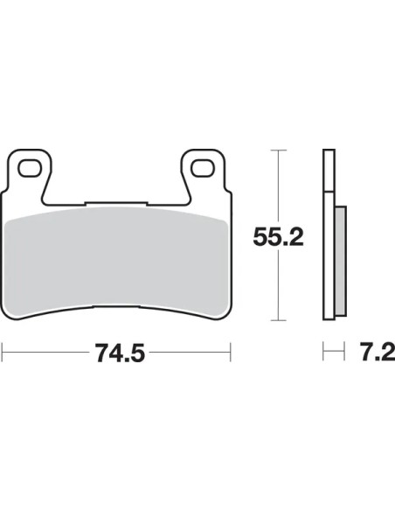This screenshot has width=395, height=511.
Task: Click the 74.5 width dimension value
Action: click(x=120, y=353)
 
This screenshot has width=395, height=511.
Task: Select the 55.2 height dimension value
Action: click(x=278, y=237)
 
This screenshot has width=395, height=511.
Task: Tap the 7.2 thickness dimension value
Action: click(x=377, y=352)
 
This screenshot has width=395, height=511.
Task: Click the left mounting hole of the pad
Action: click(x=30, y=169)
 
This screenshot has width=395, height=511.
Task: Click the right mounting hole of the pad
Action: click(x=203, y=169)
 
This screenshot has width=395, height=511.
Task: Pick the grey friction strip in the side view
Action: click(x=341, y=261)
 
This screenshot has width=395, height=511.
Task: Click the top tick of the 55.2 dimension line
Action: click(x=278, y=150)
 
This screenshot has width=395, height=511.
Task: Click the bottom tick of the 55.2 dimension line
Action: click(x=278, y=320)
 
